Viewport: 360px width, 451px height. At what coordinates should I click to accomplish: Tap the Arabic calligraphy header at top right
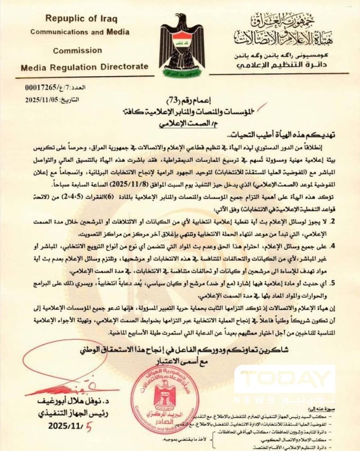click(x=285, y=32)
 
